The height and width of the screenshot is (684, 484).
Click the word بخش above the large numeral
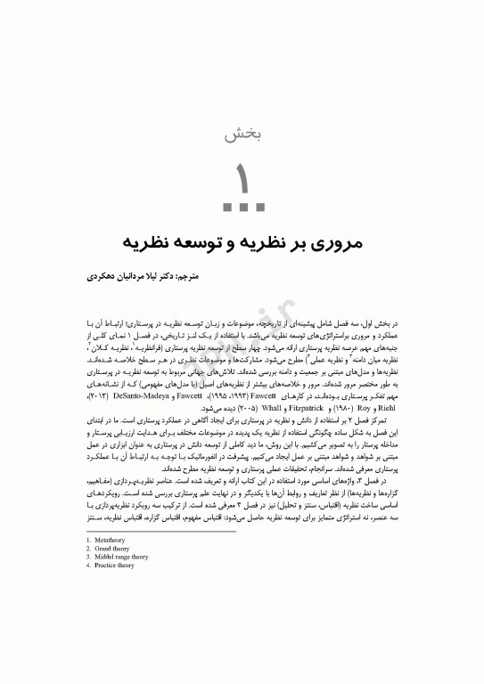pyautogui.click(x=241, y=135)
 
